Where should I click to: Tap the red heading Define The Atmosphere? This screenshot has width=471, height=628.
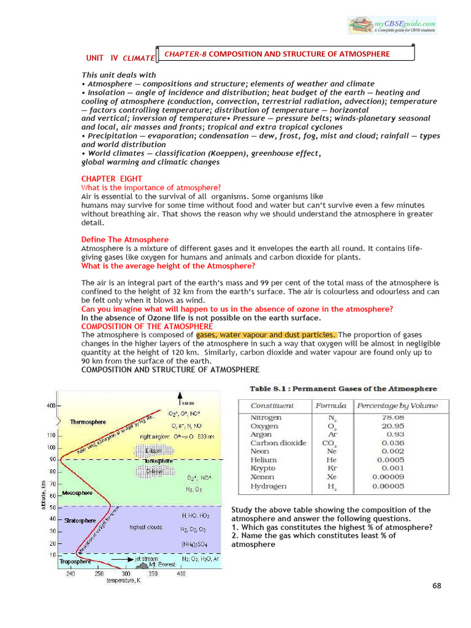[x=125, y=239]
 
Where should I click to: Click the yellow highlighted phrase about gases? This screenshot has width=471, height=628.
[x=266, y=335]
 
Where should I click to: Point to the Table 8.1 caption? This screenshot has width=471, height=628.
[x=343, y=389]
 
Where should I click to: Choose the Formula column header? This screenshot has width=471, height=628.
[x=331, y=406]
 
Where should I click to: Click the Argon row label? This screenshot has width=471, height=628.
[x=261, y=434]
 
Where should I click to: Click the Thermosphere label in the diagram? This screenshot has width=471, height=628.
[x=88, y=422]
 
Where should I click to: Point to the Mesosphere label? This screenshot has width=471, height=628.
[x=77, y=492]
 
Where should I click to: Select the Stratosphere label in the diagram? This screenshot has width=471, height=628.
[x=80, y=521]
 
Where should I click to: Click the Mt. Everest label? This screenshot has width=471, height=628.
[x=151, y=564]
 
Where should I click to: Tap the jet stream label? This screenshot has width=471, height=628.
[x=147, y=559]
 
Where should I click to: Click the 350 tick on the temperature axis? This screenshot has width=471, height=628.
[x=153, y=573]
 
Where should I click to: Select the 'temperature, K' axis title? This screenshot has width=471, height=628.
[x=123, y=580]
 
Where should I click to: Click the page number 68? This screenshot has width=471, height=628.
[x=436, y=586]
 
